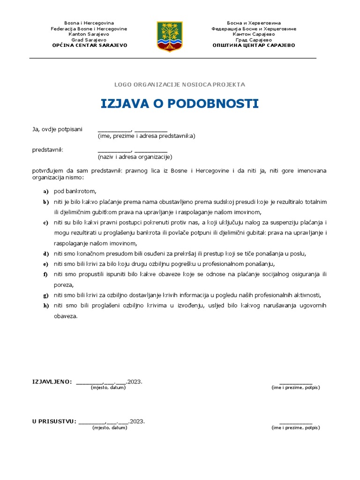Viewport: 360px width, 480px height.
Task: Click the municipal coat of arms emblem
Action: coord(170,36)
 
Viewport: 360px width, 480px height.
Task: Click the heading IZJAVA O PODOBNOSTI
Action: coord(180,104)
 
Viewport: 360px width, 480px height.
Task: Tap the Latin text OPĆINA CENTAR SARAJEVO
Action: coord(89,45)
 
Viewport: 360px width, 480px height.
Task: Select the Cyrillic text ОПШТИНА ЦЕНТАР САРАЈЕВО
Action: coord(254,45)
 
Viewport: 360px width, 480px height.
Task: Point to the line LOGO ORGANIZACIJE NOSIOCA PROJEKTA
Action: coord(180,84)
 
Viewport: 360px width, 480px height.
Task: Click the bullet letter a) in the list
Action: coord(45,192)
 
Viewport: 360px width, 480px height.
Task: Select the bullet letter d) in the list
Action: coord(45,254)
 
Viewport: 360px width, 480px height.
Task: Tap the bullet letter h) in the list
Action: coord(45,306)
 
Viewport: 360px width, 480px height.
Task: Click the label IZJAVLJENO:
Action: coord(52,382)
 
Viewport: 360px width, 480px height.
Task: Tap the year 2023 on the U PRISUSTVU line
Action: coord(138,421)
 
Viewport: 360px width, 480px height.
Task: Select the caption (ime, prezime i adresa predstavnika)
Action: coord(146,136)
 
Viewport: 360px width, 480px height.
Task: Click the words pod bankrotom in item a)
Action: coord(75,191)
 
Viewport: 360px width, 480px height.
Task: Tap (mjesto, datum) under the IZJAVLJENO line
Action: coord(108,388)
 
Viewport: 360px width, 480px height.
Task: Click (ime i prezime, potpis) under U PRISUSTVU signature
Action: coord(295,428)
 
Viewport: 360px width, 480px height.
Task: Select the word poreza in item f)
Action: coord(64,285)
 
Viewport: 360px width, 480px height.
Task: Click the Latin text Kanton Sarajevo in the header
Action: coord(89,34)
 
